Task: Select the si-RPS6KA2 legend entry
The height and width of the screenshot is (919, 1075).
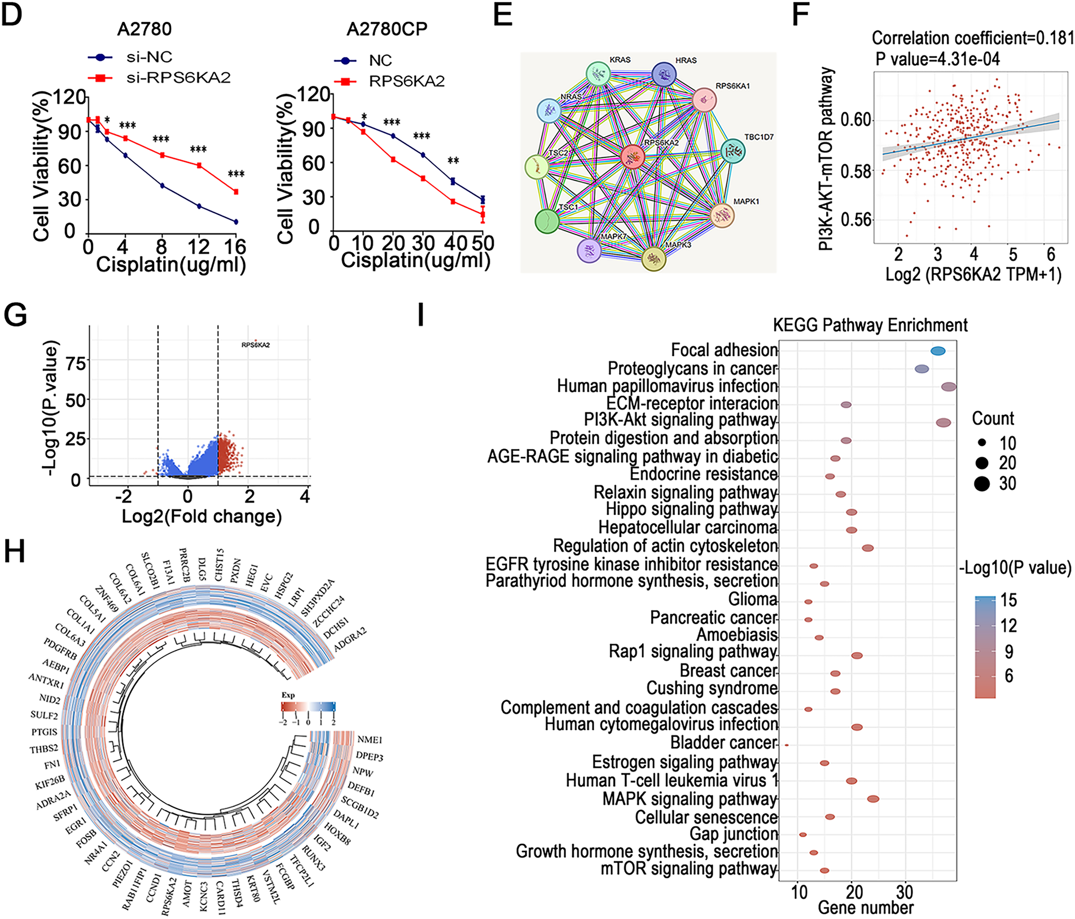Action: point(178,78)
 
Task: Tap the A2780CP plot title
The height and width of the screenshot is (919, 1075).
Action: point(387,29)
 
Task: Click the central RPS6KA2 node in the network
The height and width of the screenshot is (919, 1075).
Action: point(633,157)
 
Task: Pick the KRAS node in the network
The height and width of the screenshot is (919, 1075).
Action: point(598,74)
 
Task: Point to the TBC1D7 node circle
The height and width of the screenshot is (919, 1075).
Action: point(733,151)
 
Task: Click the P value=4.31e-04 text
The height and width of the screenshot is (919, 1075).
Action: point(937,59)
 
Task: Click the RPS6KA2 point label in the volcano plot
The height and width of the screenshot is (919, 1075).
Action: point(256,345)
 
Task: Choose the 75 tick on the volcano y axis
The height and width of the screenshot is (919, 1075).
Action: point(76,363)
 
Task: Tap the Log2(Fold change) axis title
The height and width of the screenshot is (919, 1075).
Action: point(201,516)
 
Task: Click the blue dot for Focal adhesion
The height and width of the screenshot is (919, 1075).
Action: point(938,351)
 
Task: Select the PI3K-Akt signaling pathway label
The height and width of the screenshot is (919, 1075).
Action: point(680,420)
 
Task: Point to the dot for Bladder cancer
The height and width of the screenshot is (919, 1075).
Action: point(787,745)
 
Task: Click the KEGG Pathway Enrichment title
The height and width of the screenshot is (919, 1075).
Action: point(870,326)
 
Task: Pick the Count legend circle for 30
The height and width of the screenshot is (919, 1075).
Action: point(982,483)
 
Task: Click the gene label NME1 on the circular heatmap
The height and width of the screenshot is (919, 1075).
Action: point(370,740)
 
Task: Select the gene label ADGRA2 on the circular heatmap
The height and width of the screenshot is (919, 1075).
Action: point(350,640)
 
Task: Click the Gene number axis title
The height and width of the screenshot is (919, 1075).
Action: point(865,907)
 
